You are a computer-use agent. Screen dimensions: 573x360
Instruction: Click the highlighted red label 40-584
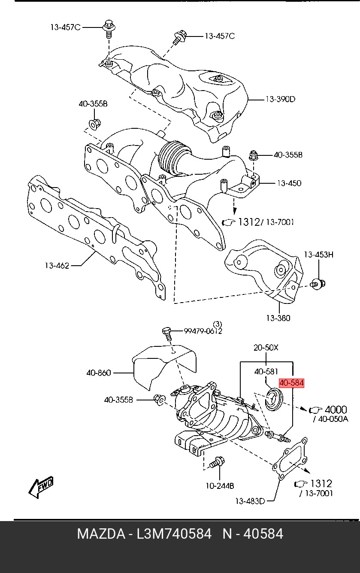(291, 383)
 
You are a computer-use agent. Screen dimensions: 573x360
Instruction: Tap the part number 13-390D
(280, 99)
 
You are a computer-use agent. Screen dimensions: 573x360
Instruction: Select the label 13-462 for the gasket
(57, 266)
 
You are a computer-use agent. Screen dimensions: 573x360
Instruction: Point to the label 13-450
(289, 183)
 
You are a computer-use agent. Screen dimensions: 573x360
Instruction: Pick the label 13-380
(278, 318)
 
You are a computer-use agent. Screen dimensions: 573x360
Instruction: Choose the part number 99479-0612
(203, 331)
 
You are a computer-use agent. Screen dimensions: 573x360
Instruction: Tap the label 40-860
(99, 373)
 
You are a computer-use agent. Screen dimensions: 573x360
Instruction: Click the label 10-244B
(220, 486)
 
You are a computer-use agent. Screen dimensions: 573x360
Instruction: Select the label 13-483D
(250, 500)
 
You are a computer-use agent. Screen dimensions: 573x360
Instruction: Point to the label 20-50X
(266, 348)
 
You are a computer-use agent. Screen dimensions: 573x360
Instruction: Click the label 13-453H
(319, 255)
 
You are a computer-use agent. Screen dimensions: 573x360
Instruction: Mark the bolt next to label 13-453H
(318, 283)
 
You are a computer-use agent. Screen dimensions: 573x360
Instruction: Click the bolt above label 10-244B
(216, 464)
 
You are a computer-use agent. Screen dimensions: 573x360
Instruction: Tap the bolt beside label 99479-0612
(167, 332)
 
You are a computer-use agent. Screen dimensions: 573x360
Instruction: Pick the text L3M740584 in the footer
(174, 534)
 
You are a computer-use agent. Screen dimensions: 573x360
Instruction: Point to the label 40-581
(266, 372)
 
